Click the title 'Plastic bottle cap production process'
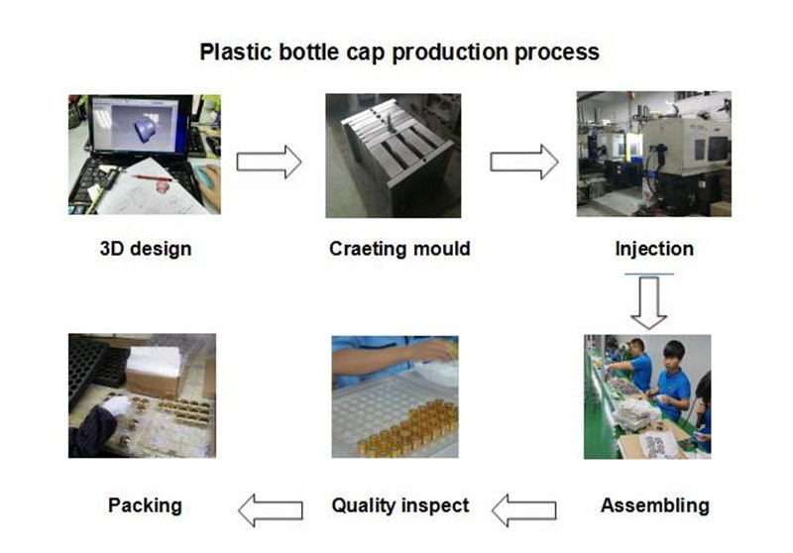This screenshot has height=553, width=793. [x=399, y=52]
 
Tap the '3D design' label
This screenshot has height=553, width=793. [x=146, y=248]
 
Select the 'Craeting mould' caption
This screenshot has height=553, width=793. [x=399, y=248]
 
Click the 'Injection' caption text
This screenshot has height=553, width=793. [x=653, y=248]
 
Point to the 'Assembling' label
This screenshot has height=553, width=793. [x=654, y=505]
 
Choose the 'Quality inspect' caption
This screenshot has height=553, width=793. [x=399, y=505]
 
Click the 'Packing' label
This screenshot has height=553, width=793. [x=145, y=505]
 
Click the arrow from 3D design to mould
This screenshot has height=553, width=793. [x=268, y=162]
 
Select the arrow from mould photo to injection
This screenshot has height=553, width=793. [x=523, y=162]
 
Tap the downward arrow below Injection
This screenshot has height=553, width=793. [x=650, y=303]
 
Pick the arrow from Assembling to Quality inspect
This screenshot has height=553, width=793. [x=524, y=510]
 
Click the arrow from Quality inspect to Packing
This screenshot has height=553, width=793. [x=270, y=510]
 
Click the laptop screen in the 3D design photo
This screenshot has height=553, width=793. [x=145, y=127]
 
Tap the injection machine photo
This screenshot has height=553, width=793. [x=653, y=154]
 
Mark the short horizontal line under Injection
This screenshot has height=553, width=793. [x=650, y=274]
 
